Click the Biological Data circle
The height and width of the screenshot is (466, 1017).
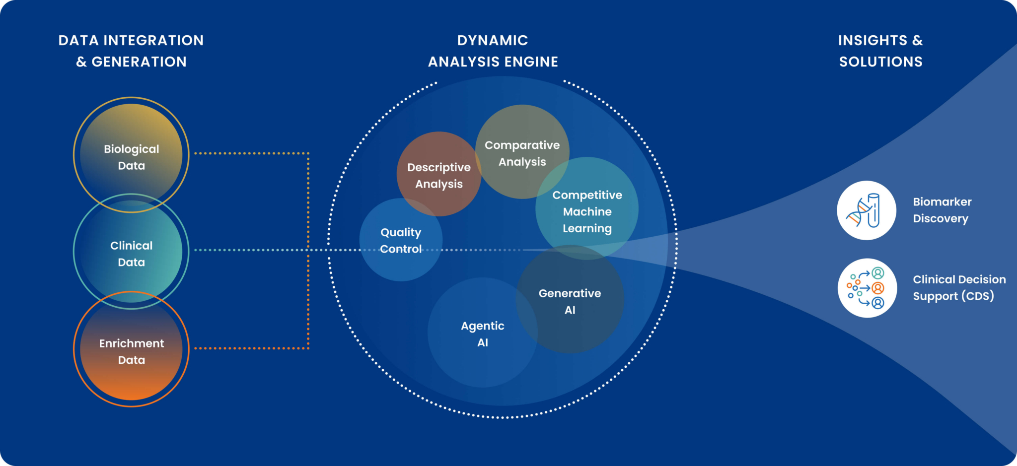pyautogui.click(x=131, y=155)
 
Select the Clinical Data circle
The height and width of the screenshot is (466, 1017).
pyautogui.click(x=131, y=252)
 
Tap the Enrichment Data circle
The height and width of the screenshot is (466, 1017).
pyautogui.click(x=131, y=350)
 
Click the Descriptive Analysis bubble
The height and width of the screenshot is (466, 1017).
pyautogui.click(x=438, y=175)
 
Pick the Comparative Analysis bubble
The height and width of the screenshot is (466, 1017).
pyautogui.click(x=522, y=152)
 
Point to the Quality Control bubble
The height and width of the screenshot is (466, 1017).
pyautogui.click(x=400, y=240)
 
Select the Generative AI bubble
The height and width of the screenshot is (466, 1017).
pyautogui.click(x=570, y=301)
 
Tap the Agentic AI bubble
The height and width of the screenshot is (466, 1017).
pyautogui.click(x=482, y=333)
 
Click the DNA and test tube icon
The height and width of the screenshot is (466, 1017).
pyautogui.click(x=867, y=210)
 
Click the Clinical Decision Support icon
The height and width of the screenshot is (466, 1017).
pyautogui.click(x=867, y=288)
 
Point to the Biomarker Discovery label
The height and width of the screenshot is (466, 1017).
pyautogui.click(x=942, y=210)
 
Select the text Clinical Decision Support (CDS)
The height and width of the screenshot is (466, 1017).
pyautogui.click(x=958, y=287)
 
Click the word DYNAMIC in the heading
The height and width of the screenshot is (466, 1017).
pyautogui.click(x=492, y=40)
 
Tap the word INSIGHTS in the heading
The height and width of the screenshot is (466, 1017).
pyautogui.click(x=872, y=40)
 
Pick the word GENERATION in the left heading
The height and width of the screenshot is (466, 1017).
pyautogui.click(x=139, y=62)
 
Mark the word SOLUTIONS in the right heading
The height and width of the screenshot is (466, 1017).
pyautogui.click(x=880, y=62)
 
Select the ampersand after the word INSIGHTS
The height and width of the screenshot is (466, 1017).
pyautogui.click(x=917, y=40)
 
